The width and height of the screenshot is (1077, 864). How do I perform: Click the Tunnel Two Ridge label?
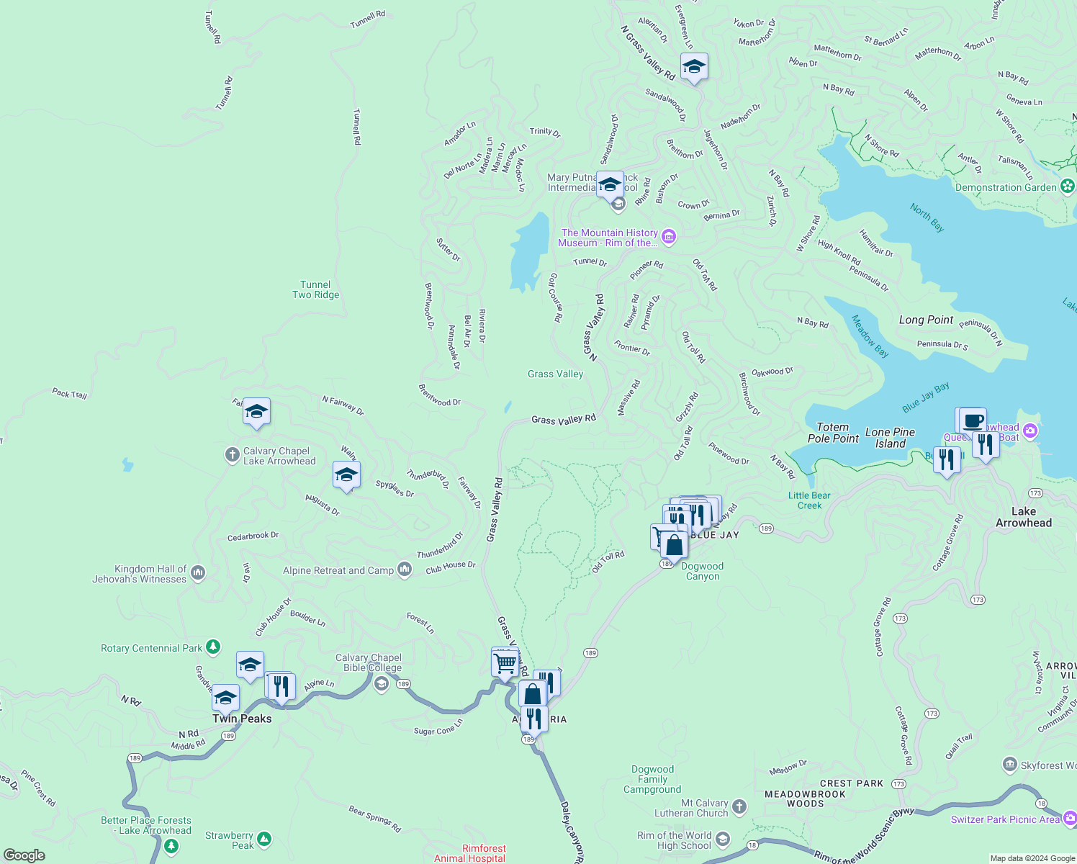(315, 289)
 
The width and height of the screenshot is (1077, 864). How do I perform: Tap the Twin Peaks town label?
(242, 719)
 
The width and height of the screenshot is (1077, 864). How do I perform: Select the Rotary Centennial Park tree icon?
(213, 647)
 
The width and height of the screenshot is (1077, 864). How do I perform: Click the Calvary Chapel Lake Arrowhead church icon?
(232, 454)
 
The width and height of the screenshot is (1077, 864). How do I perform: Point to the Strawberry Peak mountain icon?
(264, 839)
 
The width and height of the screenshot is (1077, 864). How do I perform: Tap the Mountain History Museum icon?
(669, 237)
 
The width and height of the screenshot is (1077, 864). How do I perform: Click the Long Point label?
(926, 320)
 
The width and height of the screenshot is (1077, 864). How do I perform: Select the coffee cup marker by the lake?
(973, 420)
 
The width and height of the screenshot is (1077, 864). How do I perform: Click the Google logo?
(24, 855)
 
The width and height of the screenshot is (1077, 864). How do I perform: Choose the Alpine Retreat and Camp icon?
(405, 570)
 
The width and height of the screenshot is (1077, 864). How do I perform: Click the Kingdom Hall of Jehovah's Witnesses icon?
(199, 573)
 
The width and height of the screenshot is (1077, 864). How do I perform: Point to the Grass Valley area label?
(555, 374)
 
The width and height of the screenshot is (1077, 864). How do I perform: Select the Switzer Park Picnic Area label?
(1005, 819)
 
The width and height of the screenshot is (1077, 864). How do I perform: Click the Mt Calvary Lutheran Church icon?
(740, 807)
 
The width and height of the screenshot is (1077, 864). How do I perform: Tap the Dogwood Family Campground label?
(652, 779)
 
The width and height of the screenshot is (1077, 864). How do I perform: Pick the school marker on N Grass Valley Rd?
(694, 68)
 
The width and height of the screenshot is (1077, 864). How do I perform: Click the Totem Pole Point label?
(833, 433)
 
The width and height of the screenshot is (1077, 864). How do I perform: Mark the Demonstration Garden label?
(1006, 187)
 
